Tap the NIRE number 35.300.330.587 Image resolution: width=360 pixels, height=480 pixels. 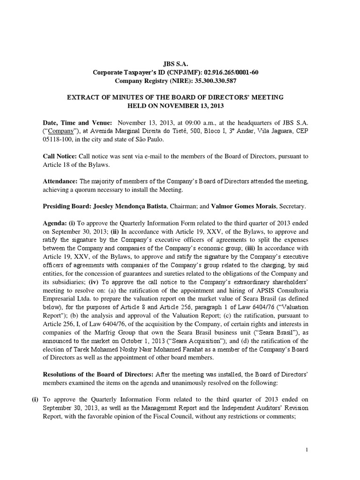click(x=210, y=81)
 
